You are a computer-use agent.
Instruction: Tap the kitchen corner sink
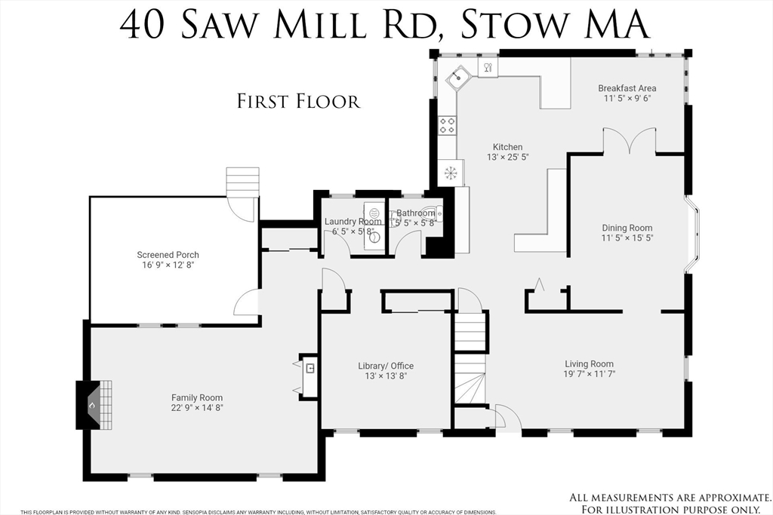pyautogui.click(x=457, y=78)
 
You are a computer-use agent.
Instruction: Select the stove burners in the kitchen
pyautogui.click(x=448, y=125)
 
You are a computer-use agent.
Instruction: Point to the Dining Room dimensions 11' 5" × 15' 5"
pyautogui.click(x=627, y=238)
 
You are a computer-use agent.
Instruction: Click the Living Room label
pyautogui.click(x=589, y=363)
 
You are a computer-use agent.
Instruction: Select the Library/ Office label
pyautogui.click(x=386, y=366)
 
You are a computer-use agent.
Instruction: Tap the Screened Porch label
pyautogui.click(x=168, y=255)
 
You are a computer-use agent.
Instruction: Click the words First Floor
pyautogui.click(x=299, y=101)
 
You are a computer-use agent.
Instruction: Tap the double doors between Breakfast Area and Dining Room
pyautogui.click(x=629, y=141)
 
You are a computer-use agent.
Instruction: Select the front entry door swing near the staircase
pyautogui.click(x=504, y=417)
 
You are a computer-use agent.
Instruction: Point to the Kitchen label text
pyautogui.click(x=507, y=147)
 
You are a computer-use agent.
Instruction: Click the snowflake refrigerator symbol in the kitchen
pyautogui.click(x=451, y=172)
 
